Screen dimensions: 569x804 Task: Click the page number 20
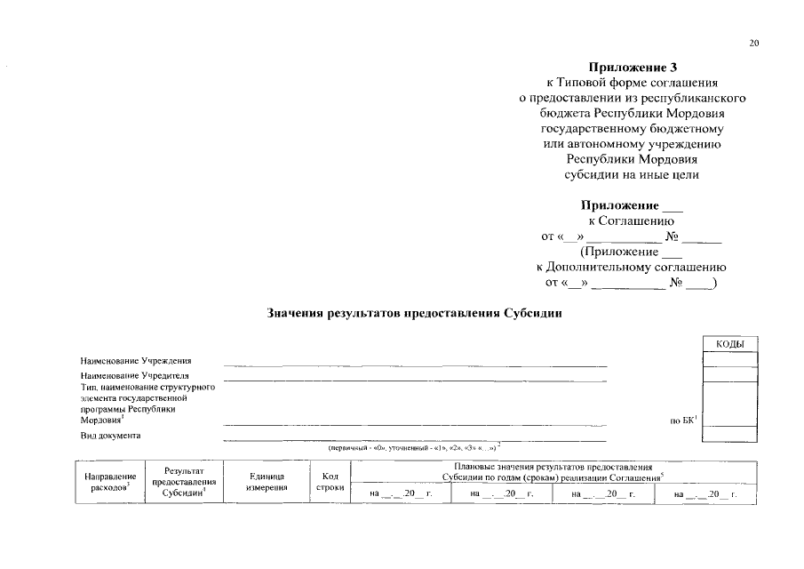755,43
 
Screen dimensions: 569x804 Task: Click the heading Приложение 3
632,67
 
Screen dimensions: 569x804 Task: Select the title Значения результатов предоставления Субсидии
415,313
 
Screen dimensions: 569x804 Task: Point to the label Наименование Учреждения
136,361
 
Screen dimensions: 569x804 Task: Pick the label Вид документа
111,436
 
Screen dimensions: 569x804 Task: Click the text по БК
683,421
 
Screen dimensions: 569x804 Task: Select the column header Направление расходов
109,481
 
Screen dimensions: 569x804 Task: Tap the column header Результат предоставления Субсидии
185,482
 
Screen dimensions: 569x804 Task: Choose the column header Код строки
330,481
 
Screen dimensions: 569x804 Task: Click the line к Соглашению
631,220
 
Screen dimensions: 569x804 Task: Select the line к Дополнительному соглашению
631,267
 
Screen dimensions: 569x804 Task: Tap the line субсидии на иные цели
632,174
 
